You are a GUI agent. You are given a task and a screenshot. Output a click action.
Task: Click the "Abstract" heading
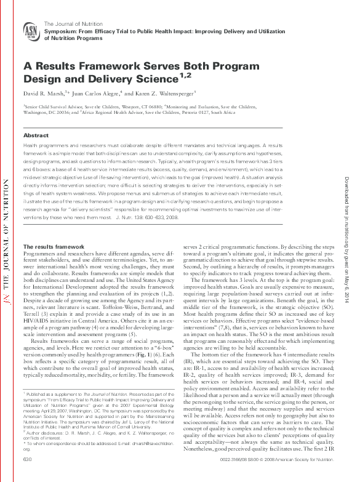coord(36,135)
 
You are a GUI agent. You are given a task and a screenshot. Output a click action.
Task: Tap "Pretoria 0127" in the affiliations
coord(199,113)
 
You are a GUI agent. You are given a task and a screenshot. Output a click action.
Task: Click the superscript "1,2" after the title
coord(186,74)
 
